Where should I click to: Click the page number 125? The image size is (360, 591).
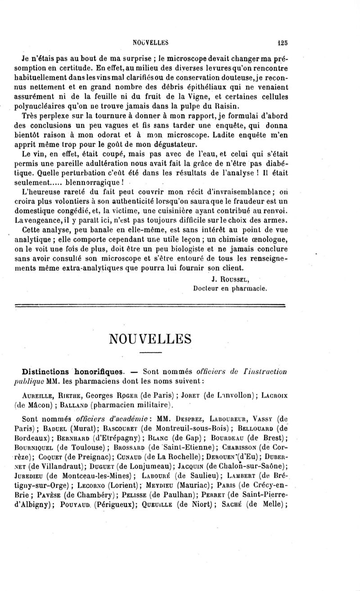pos(283,44)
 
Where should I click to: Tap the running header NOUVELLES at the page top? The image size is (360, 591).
pos(150,44)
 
